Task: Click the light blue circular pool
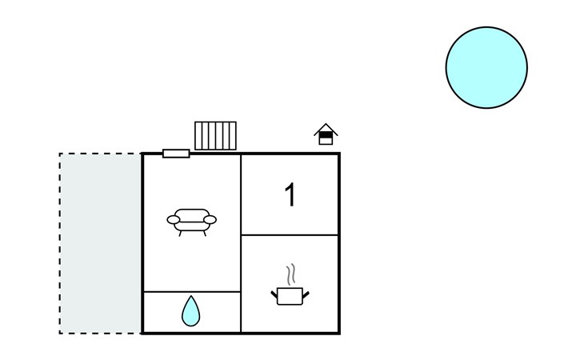point(486,67)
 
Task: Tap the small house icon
point(326,134)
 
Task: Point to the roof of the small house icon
point(326,129)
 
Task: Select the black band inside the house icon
point(326,135)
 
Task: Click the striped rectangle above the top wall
point(215,135)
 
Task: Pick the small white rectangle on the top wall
point(176,154)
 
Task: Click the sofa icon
point(191,222)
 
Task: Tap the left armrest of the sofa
point(173,220)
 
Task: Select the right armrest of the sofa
point(210,220)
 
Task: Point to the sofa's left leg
point(180,234)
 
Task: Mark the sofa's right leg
point(205,234)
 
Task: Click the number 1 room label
point(290,194)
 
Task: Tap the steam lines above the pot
point(291,274)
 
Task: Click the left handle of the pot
point(274,294)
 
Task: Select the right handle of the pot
point(306,294)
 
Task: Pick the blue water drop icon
point(190,311)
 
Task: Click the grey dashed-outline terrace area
point(100,243)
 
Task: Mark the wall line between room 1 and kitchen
point(290,235)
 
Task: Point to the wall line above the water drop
point(192,291)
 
